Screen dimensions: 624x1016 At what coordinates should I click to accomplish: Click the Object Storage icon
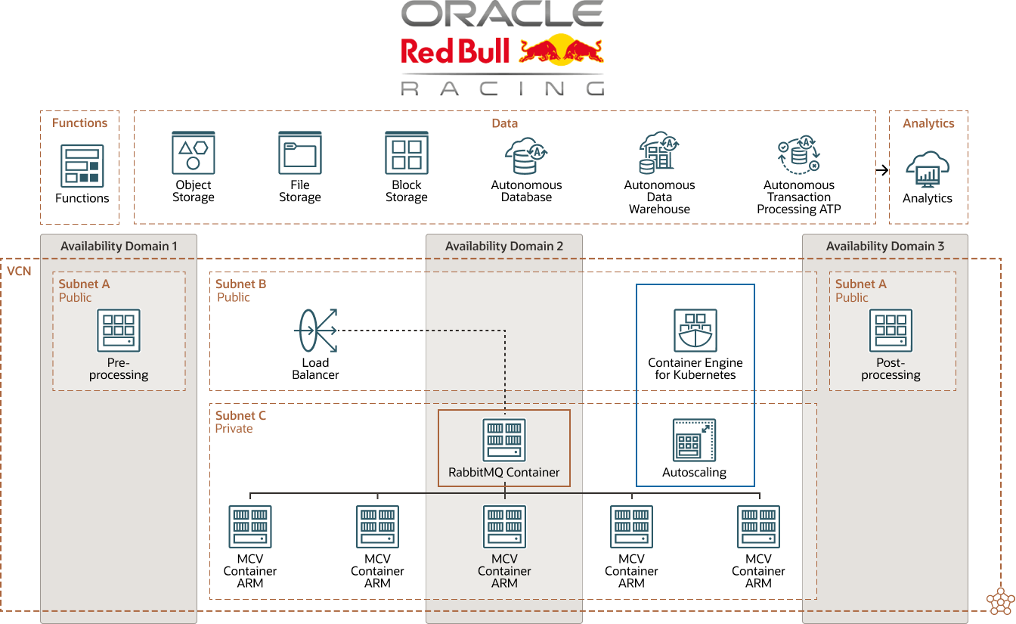coord(194,153)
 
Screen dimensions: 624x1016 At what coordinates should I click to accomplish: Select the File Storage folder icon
coord(300,153)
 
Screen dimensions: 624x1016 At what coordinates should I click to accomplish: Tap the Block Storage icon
coord(407,153)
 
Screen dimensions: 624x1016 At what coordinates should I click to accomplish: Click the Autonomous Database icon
coord(525,157)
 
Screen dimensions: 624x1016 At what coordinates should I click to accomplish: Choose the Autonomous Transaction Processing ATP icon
coord(799,156)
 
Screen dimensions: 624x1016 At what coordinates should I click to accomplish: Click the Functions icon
coord(82,166)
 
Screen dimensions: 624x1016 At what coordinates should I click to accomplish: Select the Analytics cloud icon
coord(928,169)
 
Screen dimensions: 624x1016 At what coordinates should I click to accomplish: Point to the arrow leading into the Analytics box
coord(882,170)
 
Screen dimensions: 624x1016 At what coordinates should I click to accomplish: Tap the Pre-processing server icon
coord(119,331)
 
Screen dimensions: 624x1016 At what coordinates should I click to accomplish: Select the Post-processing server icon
coord(891,331)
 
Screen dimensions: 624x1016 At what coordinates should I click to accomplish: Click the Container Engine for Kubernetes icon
coord(695,331)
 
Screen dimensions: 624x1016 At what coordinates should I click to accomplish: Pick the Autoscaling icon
coord(694,440)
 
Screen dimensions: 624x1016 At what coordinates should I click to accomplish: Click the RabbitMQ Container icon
coord(504,440)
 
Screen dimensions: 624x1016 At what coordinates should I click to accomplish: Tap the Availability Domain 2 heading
coord(504,247)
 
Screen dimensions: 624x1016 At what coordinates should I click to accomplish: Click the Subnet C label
coord(240,415)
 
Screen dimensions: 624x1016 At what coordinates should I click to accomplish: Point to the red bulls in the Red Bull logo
coord(561,51)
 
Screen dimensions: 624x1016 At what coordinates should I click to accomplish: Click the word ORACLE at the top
coord(502,14)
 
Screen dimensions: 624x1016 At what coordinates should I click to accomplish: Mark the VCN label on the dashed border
coord(20,270)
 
